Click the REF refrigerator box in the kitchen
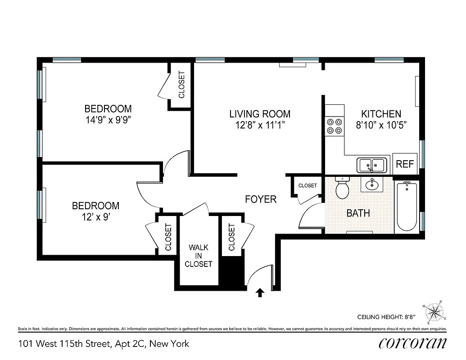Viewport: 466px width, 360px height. point(405,164)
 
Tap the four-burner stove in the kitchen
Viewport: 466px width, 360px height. point(334,126)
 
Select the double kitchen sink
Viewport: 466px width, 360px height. point(372,165)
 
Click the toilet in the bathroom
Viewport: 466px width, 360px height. point(343,189)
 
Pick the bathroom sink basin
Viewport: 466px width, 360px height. point(372,184)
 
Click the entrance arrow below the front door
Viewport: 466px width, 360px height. point(260,293)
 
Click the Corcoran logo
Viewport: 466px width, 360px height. point(413,343)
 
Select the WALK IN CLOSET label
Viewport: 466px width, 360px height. point(199,256)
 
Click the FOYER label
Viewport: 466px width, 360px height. point(261,199)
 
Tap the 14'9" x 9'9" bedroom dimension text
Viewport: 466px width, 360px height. point(108,120)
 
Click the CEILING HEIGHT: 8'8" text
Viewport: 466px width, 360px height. point(385,316)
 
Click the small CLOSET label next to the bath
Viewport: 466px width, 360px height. point(308,185)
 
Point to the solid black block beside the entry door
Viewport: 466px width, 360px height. point(231,272)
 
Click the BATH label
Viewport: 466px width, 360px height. point(358,213)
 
